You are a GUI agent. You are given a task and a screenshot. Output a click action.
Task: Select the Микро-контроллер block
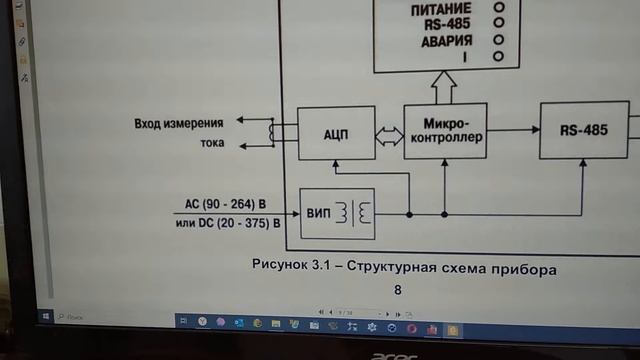coord(446,131)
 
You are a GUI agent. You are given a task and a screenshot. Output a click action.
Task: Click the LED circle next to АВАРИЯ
coord(498,41)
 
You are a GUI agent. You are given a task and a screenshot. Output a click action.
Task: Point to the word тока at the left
coord(208,144)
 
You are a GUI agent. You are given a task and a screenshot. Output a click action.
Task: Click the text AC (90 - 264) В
coord(232,204)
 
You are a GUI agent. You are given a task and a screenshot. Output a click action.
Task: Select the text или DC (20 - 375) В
coord(226,224)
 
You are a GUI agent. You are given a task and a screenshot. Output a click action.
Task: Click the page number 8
coord(398,290)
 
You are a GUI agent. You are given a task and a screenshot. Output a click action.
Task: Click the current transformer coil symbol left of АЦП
coord(272,132)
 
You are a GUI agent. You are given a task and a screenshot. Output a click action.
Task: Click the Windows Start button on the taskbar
coord(48,316)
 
